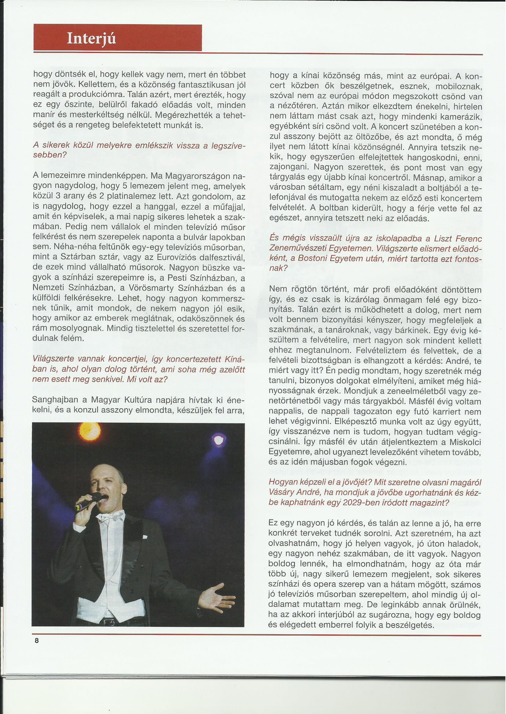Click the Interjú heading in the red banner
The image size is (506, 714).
92,39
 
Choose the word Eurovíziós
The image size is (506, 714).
182,258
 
